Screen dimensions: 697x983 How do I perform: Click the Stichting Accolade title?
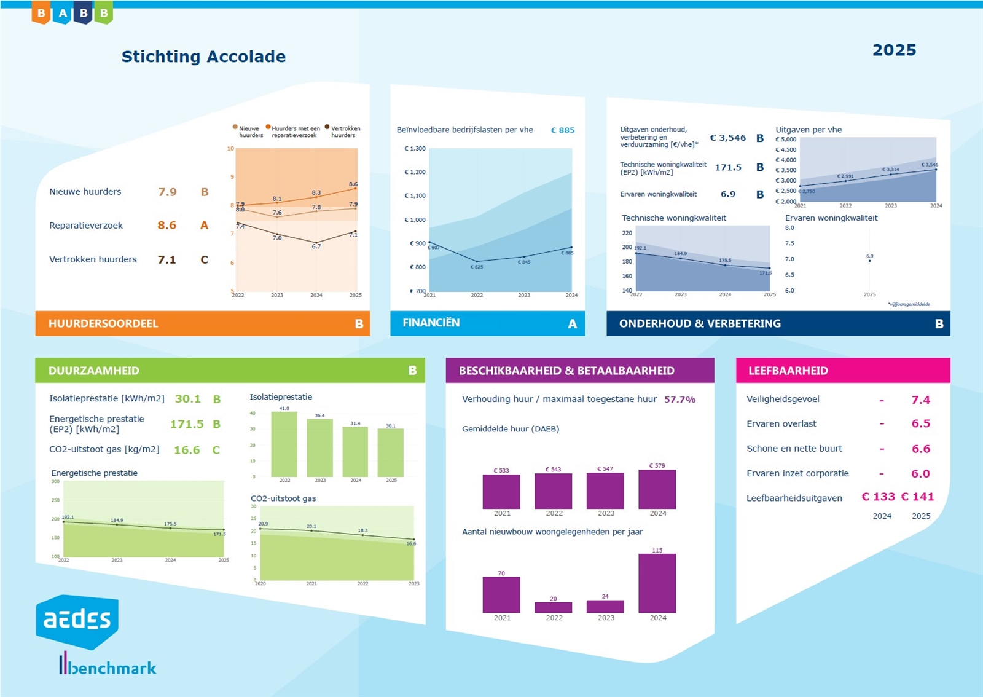[203, 57]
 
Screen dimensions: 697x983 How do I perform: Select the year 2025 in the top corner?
[894, 50]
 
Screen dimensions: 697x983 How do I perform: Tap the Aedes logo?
[77, 621]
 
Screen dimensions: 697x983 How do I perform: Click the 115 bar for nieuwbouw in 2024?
[657, 583]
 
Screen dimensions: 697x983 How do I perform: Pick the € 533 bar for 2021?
[501, 492]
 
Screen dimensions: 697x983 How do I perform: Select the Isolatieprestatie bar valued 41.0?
[284, 444]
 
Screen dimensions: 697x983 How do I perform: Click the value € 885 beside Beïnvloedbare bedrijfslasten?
[562, 130]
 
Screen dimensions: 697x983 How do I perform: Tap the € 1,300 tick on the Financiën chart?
[415, 149]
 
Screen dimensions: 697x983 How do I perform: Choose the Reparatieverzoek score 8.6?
[166, 226]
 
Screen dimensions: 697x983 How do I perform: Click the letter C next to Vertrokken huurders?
[205, 260]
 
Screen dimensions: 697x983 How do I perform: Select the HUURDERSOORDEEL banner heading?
[103, 324]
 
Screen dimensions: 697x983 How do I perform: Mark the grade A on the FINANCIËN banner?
[572, 324]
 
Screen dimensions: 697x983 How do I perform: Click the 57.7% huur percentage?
[679, 400]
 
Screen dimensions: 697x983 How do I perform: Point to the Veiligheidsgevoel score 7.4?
[920, 400]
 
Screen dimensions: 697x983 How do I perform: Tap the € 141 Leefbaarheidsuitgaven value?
[917, 497]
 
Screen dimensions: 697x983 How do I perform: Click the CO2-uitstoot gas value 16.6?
[187, 450]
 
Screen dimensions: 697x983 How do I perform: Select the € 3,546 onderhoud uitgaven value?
[727, 138]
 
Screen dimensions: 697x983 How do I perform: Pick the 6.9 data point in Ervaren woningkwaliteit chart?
[869, 261]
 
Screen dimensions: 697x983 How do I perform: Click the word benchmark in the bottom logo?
[112, 668]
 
